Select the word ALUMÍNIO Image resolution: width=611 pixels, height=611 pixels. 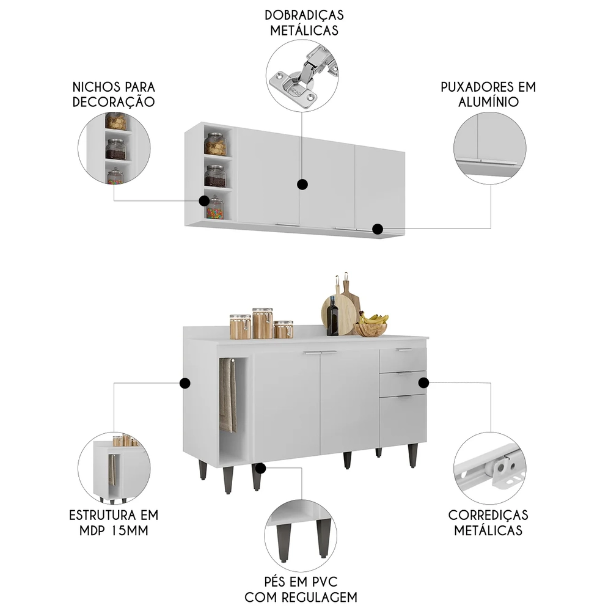click(x=488, y=101)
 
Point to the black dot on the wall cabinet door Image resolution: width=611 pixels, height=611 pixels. click(x=301, y=183)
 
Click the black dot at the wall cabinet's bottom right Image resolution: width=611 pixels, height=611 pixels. click(x=378, y=229)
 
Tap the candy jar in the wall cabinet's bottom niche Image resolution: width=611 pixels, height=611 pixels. click(x=214, y=208)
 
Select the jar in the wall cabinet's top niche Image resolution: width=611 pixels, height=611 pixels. click(x=215, y=145)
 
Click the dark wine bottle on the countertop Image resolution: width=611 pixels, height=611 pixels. click(x=333, y=316)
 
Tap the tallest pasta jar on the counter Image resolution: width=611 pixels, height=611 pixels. click(x=262, y=323)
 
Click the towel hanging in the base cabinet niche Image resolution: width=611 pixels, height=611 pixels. click(x=228, y=397)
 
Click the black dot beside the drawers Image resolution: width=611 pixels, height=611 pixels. click(x=423, y=382)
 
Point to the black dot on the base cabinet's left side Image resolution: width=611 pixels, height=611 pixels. click(x=185, y=383)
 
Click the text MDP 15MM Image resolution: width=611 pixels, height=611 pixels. click(x=114, y=530)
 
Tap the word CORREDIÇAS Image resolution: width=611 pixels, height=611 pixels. click(x=488, y=514)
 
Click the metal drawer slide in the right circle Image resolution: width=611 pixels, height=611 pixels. click(x=489, y=468)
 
